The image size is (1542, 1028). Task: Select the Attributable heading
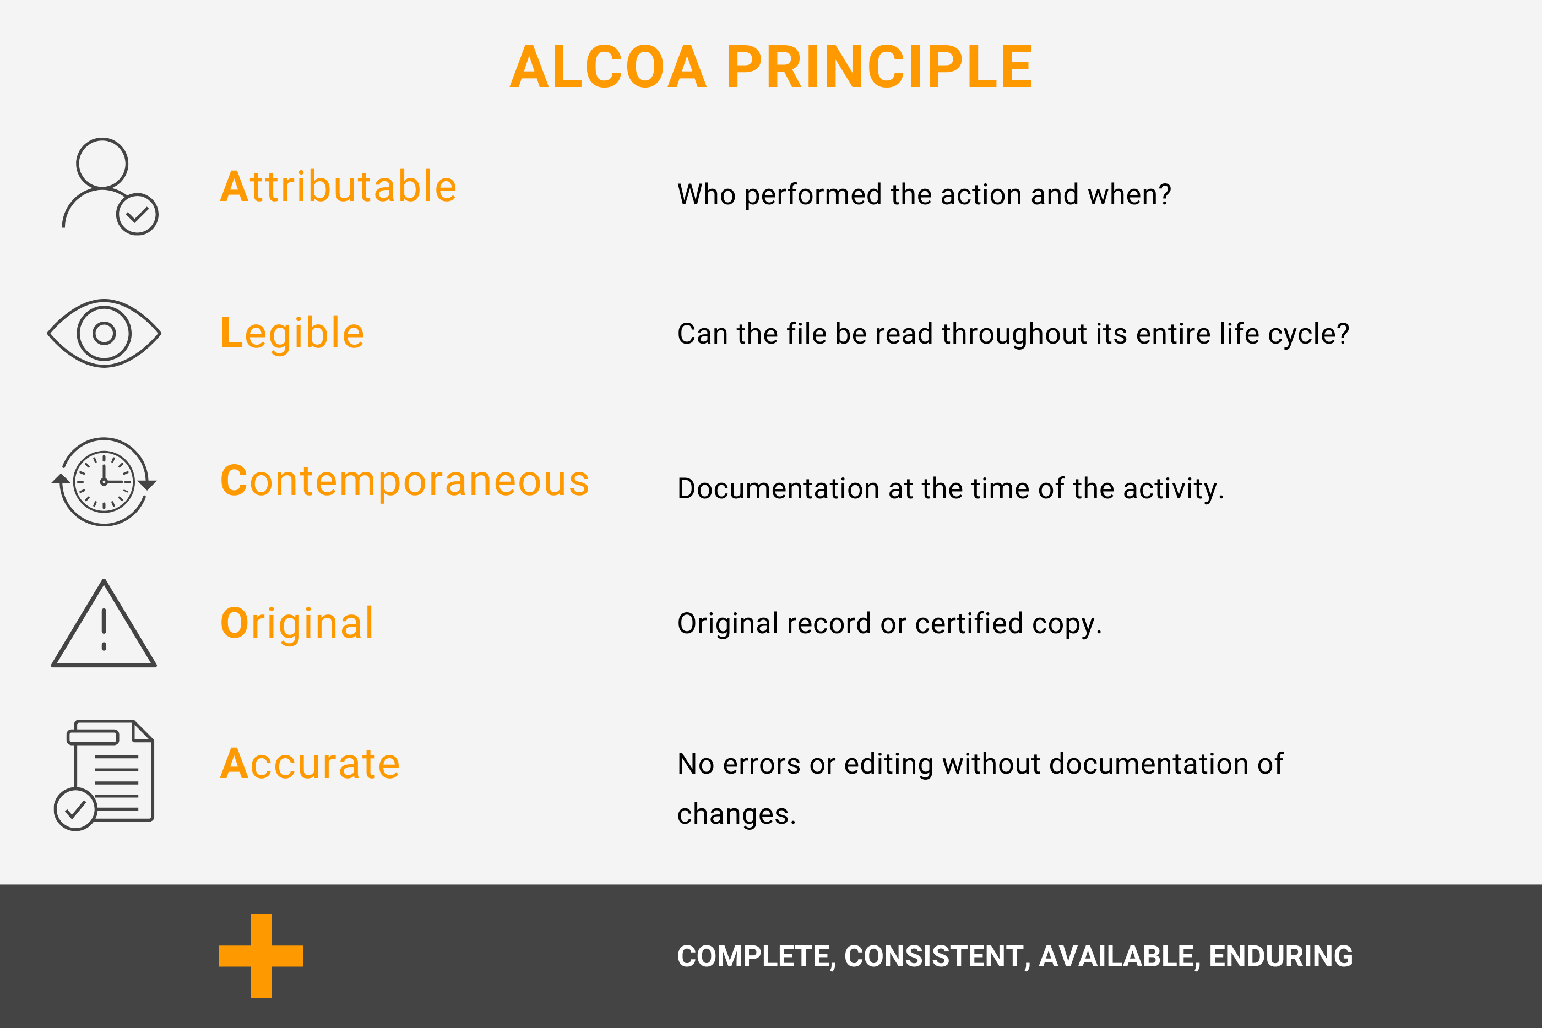338,187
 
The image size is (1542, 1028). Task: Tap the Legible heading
292,333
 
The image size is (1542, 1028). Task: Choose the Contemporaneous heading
405,481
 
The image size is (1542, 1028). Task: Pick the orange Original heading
297,623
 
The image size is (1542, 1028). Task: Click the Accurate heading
310,764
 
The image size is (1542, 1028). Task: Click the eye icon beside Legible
104,333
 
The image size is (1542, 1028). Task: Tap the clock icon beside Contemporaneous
104,482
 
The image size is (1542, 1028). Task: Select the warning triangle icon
104,626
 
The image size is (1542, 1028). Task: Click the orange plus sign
261,956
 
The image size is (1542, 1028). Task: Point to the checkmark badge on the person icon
137,214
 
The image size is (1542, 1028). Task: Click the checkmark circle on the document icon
75,810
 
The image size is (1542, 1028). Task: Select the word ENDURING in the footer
1280,956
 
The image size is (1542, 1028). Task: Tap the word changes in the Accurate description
736,814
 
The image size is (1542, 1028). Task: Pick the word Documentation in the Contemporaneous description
778,489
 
